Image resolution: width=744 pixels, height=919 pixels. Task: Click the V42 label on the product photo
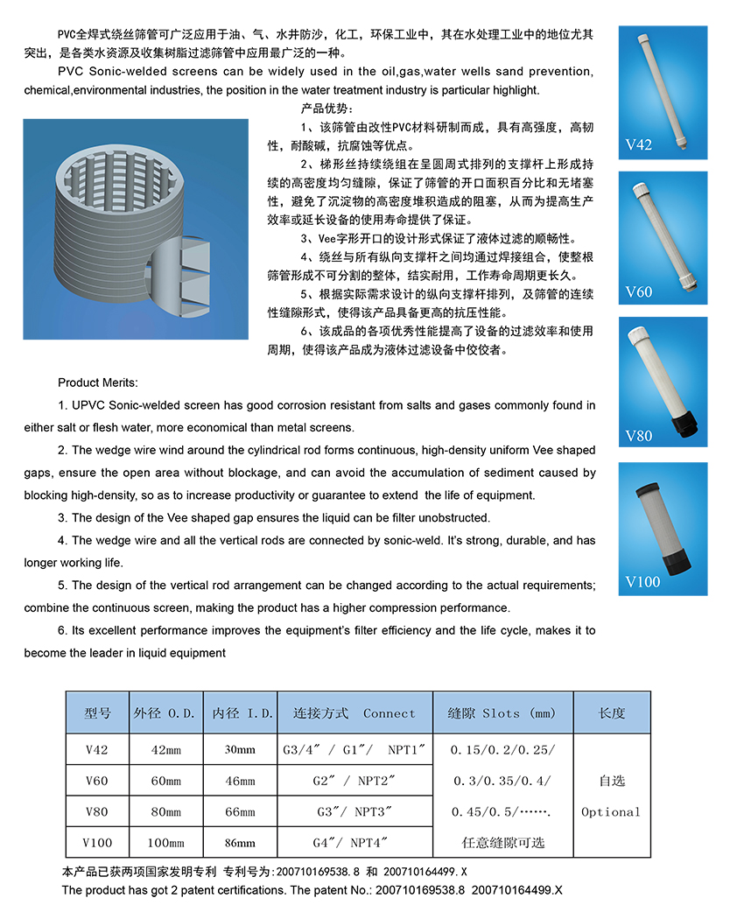pos(639,145)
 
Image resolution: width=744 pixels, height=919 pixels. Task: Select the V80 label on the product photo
pos(639,436)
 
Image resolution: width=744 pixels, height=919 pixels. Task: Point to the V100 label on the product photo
pos(642,581)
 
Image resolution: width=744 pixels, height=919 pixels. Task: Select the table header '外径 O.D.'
pos(165,713)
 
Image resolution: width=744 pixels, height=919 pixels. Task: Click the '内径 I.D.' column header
pos(240,713)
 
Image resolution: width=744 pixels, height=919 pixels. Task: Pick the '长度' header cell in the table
pos(611,713)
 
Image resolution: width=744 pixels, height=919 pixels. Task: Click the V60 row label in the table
pos(97,781)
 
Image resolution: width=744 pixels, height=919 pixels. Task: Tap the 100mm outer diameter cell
pos(165,843)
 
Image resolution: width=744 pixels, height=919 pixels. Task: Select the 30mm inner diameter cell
pos(240,750)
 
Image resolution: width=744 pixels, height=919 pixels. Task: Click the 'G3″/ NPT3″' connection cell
pos(354,812)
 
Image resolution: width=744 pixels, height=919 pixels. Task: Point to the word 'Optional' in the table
pos(611,812)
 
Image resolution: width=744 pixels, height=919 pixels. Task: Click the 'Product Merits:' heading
pos(97,382)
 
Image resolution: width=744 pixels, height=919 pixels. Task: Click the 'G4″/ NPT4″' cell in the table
pos(354,843)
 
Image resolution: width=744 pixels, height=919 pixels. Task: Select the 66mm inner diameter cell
pos(240,812)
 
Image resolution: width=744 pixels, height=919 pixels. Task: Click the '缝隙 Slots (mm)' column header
pos(502,713)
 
